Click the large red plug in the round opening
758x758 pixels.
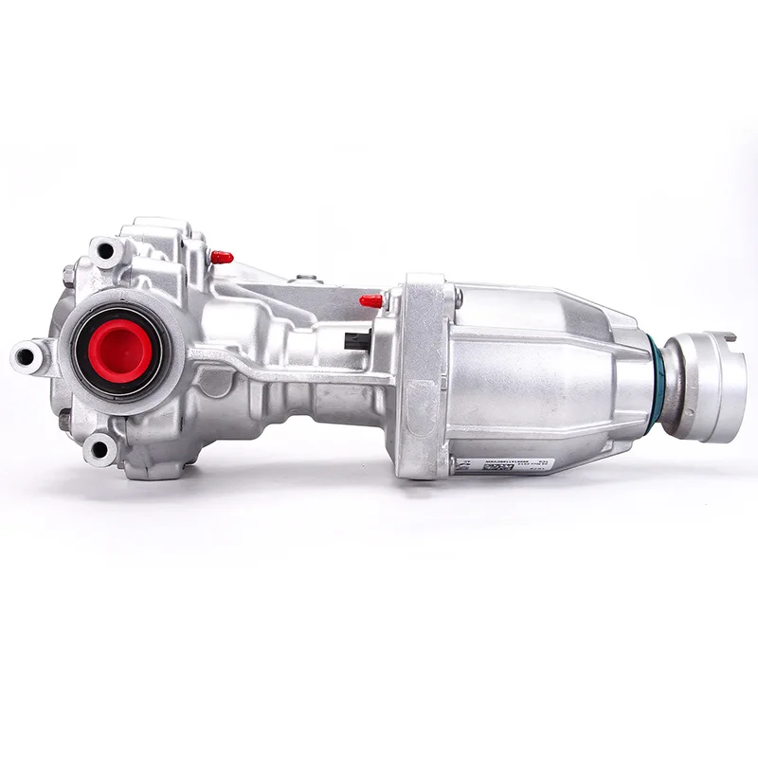point(121,347)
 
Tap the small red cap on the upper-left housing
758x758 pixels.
point(222,257)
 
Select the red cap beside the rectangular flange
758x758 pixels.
point(371,301)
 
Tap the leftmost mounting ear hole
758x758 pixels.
point(26,356)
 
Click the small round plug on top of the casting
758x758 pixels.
point(304,280)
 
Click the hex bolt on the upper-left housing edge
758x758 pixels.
point(69,276)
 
